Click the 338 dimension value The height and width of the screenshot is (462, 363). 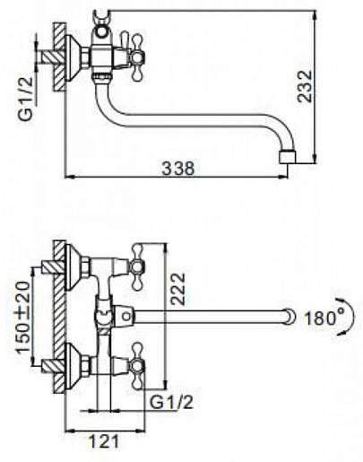177,168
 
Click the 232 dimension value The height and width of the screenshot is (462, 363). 305,86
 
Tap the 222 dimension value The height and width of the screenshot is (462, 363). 178,289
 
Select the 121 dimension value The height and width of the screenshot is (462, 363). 104,441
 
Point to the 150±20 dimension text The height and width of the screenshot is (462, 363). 23,318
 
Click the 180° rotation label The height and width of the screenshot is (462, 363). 324,318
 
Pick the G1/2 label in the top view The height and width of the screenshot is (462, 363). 27,99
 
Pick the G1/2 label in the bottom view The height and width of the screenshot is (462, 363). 171,404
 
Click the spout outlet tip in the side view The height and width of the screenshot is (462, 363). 287,156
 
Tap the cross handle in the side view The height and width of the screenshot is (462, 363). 136,57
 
